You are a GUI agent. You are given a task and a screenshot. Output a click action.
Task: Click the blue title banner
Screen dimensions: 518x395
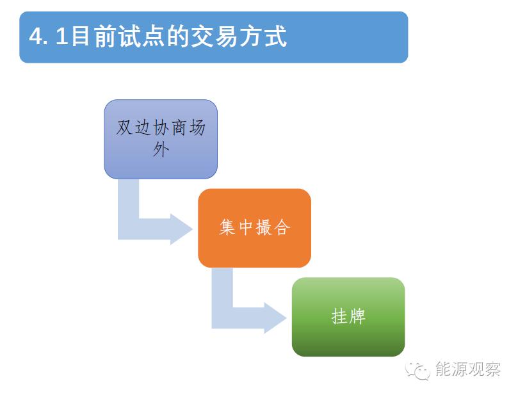coord(214,37)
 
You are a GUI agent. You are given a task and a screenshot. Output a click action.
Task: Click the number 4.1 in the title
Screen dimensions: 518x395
coord(49,36)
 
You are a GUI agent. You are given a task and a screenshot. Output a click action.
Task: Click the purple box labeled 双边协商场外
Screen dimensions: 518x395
coord(161,139)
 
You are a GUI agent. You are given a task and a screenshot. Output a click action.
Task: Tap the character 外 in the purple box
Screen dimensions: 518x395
coord(161,150)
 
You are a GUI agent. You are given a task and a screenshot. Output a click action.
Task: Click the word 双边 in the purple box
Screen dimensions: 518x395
coord(133,127)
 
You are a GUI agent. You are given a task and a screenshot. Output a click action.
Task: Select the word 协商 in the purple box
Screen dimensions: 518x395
coord(170,127)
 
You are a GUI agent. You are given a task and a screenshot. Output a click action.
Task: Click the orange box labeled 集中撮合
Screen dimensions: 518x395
coord(254,228)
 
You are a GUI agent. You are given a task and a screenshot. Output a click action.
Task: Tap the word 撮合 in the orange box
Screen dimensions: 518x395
coord(273,227)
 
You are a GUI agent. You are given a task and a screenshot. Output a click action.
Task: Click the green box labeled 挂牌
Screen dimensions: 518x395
coord(348,317)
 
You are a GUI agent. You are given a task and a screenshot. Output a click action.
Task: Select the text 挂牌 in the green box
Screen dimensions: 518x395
coord(348,316)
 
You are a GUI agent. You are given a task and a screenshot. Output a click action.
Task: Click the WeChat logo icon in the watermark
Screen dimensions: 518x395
coord(417,370)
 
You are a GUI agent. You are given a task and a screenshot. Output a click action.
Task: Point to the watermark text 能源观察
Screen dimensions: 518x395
coord(468,369)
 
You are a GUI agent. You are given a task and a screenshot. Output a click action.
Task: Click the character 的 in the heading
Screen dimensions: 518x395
coord(178,36)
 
